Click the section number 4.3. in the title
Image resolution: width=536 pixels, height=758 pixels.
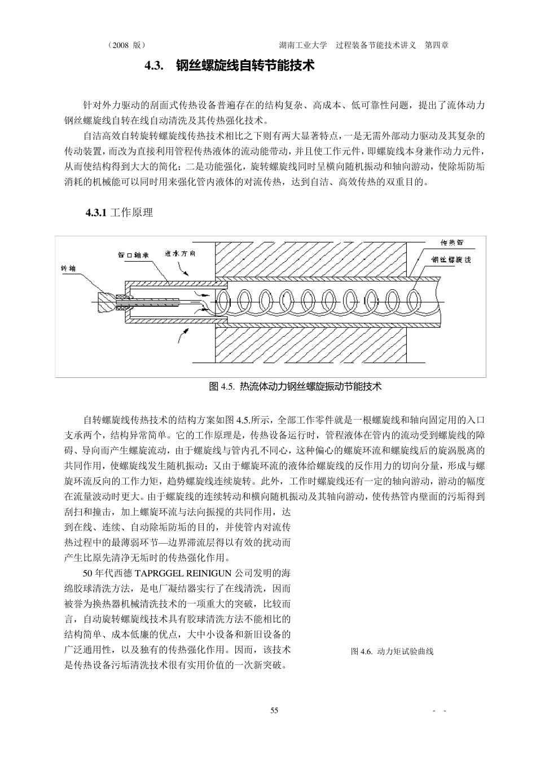154,66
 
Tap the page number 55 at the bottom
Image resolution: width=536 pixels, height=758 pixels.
274,711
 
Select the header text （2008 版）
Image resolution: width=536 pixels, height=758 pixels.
126,45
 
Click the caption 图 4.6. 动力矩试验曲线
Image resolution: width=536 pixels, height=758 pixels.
392,651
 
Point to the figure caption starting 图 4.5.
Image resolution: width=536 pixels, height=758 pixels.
295,386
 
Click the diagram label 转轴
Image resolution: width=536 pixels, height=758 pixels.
68,268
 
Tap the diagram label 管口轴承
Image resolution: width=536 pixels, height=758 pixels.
133,255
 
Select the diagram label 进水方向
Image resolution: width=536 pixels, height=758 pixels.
181,253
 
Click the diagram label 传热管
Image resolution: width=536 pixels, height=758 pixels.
451,243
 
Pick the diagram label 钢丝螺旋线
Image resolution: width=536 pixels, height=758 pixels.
451,260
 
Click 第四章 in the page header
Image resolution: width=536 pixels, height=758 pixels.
437,45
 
